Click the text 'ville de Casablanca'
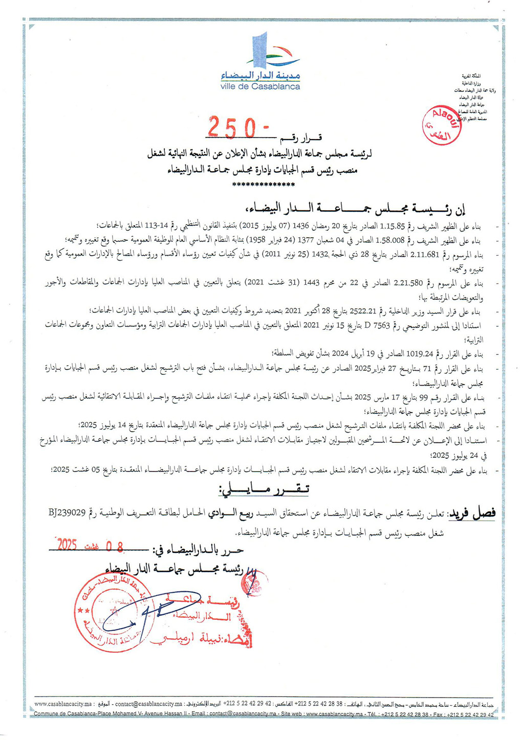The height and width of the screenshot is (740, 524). (260, 87)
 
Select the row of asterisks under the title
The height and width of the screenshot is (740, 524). (264, 185)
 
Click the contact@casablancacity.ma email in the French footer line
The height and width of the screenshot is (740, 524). (243, 714)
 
